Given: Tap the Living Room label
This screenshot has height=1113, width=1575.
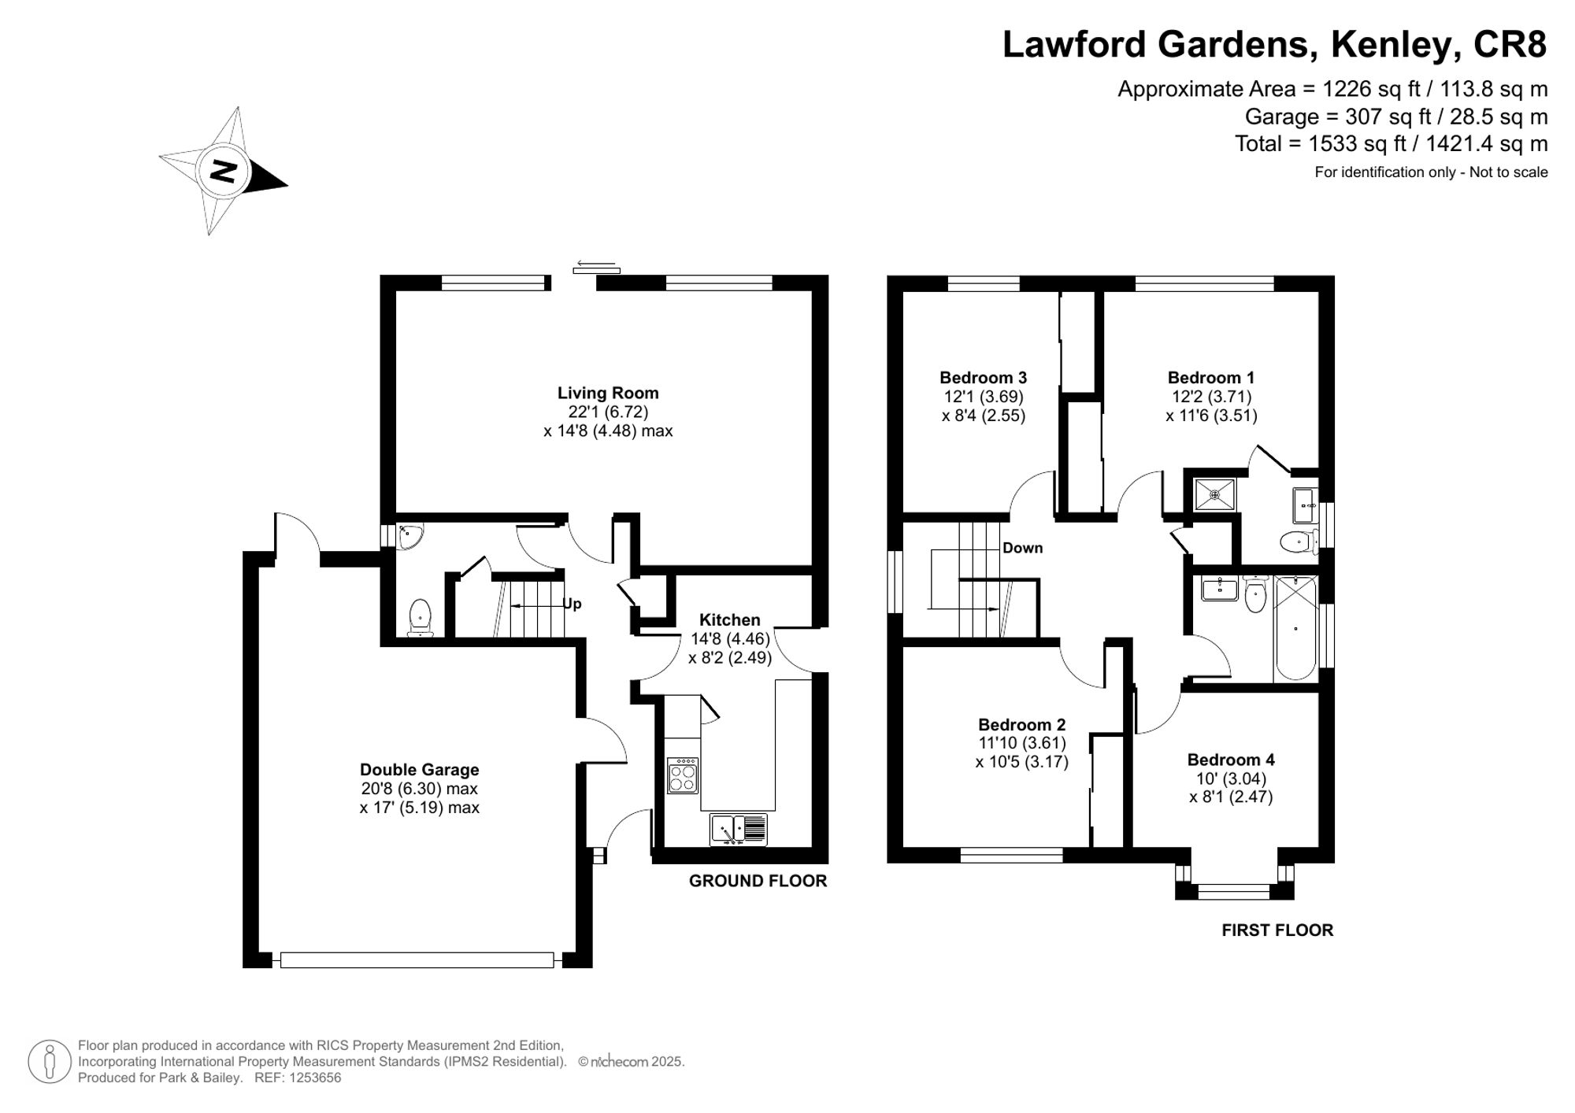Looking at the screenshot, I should tap(608, 393).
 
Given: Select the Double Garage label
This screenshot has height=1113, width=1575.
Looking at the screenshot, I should tap(419, 770).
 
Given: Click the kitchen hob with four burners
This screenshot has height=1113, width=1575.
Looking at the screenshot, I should tap(683, 775).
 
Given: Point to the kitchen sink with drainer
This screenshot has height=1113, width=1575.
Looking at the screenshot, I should tap(739, 829).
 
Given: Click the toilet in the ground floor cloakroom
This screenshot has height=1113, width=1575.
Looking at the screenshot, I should tap(421, 616).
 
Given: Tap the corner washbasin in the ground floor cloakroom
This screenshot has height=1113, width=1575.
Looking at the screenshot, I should tap(409, 536).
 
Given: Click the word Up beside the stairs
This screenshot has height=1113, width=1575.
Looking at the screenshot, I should tap(573, 605).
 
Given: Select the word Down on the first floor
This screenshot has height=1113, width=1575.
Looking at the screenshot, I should tap(1022, 548).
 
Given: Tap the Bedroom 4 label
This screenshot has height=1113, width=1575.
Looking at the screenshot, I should tap(1231, 760).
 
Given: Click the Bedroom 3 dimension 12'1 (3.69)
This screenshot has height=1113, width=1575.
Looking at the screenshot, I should tap(984, 397).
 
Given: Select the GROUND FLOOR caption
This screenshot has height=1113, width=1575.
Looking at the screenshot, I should tap(758, 882).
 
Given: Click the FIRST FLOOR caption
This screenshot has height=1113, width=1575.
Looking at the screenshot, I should tap(1277, 930).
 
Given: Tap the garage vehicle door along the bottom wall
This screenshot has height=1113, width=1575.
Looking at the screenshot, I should tap(417, 960).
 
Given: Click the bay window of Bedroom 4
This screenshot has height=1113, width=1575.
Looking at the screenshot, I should tap(1234, 891).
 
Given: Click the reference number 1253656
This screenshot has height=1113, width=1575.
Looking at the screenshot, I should tap(314, 1078).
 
